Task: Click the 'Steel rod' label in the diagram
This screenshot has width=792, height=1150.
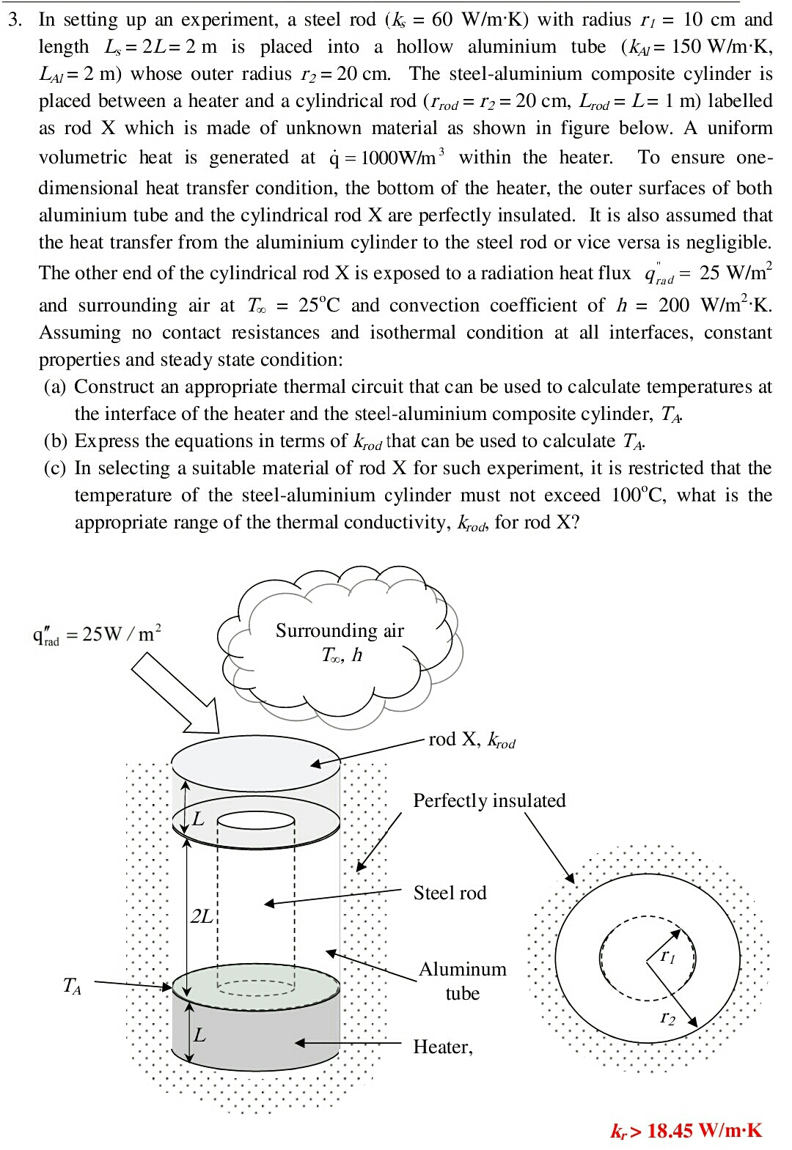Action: [450, 893]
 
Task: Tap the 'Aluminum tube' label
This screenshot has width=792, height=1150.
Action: [462, 981]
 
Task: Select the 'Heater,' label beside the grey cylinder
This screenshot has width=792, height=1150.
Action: [442, 1047]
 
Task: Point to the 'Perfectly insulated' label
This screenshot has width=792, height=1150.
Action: [489, 800]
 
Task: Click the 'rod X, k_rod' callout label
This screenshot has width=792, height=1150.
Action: [472, 740]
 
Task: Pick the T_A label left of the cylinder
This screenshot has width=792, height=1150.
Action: [72, 986]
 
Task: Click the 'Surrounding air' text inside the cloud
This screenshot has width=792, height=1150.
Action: [340, 631]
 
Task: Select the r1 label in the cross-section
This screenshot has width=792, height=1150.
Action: [667, 955]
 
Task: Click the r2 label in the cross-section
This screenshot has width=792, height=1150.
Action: [667, 1017]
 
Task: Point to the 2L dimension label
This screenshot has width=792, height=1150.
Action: [201, 916]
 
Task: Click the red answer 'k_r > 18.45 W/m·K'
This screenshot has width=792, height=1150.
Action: [686, 1130]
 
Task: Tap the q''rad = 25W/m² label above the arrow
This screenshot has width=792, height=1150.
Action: [97, 633]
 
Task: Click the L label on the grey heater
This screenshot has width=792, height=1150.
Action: [199, 1035]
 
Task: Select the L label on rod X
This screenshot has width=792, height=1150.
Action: [198, 818]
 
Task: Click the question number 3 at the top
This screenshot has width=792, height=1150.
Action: [14, 20]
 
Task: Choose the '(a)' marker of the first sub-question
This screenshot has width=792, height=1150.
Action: [54, 387]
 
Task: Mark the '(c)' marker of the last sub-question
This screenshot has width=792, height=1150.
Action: [54, 468]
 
